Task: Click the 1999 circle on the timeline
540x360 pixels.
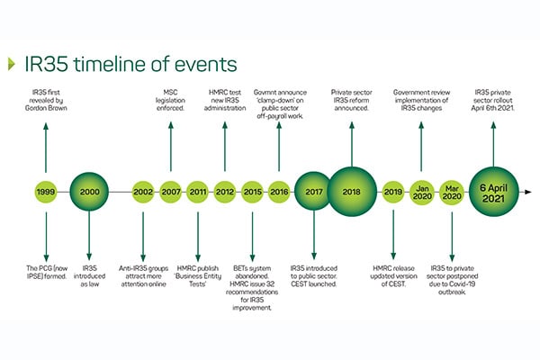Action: (46, 192)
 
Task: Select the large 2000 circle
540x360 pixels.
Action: (89, 192)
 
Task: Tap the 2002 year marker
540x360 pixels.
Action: (143, 192)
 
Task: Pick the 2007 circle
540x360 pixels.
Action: (171, 192)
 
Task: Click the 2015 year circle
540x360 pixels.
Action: (252, 192)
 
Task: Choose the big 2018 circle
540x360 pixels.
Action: (352, 192)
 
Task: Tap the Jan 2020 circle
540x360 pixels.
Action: (422, 193)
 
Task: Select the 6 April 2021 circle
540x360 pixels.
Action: (494, 192)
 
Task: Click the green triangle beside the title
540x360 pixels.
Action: (12, 64)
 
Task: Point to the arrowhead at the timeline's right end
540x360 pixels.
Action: (528, 192)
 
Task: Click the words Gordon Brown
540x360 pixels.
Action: (46, 108)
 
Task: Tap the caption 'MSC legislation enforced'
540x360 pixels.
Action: (170, 100)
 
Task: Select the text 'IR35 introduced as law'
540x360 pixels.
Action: (89, 276)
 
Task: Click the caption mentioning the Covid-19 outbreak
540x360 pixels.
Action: (452, 280)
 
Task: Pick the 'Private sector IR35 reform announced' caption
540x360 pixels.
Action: (352, 100)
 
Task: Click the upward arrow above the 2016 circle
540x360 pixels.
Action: (279, 147)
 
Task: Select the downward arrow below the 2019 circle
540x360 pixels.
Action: (393, 235)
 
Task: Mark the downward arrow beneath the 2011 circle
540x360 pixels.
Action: (198, 237)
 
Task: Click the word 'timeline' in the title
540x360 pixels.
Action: (110, 64)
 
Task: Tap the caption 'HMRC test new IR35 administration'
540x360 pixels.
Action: (225, 100)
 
